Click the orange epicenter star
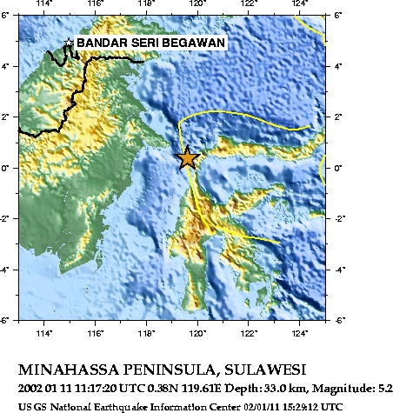click(x=188, y=158)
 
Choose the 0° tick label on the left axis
click(x=9, y=168)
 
